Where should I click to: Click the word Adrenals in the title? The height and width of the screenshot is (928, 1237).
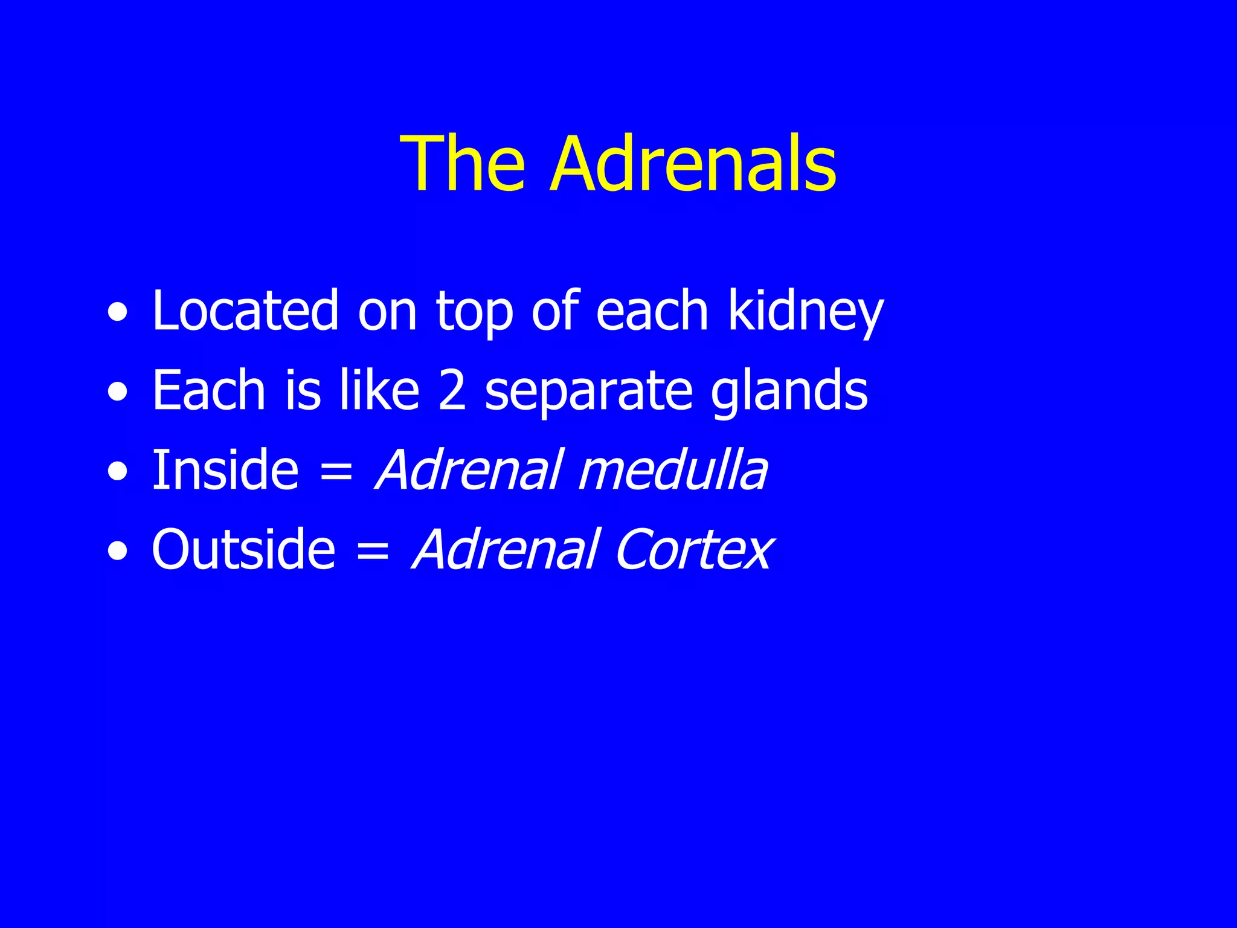click(x=693, y=164)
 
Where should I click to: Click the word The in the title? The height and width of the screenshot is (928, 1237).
click(x=463, y=164)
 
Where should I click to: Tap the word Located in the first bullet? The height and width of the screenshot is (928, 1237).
click(x=245, y=311)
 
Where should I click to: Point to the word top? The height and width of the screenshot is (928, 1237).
click(x=475, y=314)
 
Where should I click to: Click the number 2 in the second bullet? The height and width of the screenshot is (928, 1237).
click(x=452, y=391)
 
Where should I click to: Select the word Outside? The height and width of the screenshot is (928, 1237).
click(x=243, y=549)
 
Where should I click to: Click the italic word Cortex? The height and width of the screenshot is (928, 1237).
click(x=693, y=549)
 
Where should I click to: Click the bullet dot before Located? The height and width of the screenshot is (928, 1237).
click(x=118, y=314)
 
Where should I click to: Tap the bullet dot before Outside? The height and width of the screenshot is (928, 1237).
click(x=118, y=552)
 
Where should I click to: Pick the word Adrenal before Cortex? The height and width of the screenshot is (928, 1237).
click(x=506, y=549)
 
